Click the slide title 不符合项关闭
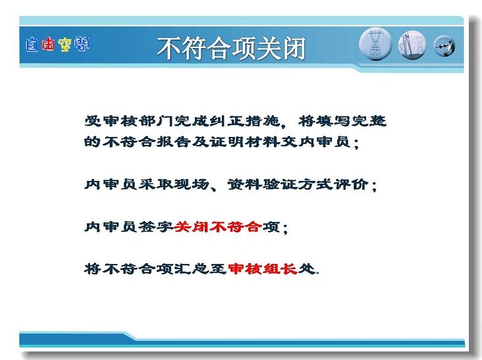click(x=231, y=48)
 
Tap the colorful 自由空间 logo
click(x=57, y=45)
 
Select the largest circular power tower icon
click(x=375, y=44)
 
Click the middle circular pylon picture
click(x=412, y=45)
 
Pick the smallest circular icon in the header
click(x=444, y=46)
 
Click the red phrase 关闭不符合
click(x=218, y=227)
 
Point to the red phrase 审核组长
click(x=263, y=269)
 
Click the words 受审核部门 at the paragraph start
click(x=129, y=121)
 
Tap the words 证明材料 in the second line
click(x=245, y=141)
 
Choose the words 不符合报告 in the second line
click(x=147, y=141)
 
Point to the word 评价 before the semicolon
click(x=351, y=184)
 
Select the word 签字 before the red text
click(x=156, y=227)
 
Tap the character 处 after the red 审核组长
click(x=307, y=269)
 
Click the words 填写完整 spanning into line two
click(x=351, y=121)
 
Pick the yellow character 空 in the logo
click(x=65, y=45)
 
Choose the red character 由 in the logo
click(x=48, y=45)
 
